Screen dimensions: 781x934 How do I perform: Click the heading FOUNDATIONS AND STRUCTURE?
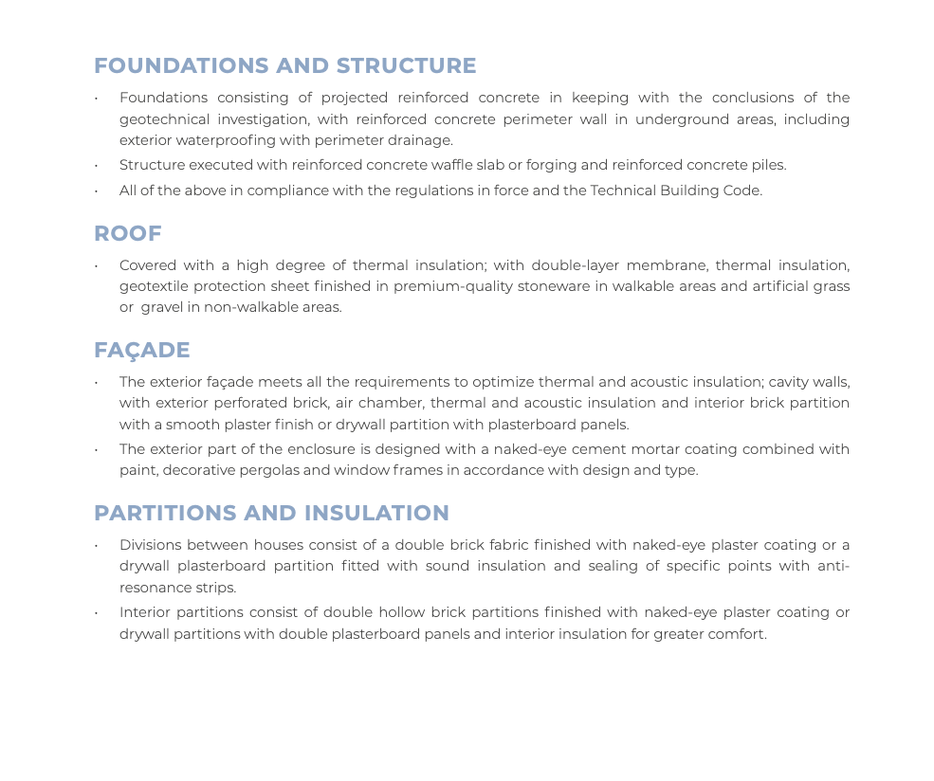pos(284,66)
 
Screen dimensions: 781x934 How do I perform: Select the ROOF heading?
pos(127,234)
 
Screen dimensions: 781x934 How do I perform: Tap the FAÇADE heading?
pos(141,351)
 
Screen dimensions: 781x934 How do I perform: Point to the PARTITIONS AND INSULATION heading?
pos(271,514)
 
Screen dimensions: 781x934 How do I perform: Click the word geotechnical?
pos(159,119)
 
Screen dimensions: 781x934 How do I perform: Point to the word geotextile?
pos(153,286)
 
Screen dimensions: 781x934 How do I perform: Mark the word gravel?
pos(162,307)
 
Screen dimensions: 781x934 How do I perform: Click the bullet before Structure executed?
pos(97,166)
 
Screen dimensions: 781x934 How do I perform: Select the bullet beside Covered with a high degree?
pos(97,266)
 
